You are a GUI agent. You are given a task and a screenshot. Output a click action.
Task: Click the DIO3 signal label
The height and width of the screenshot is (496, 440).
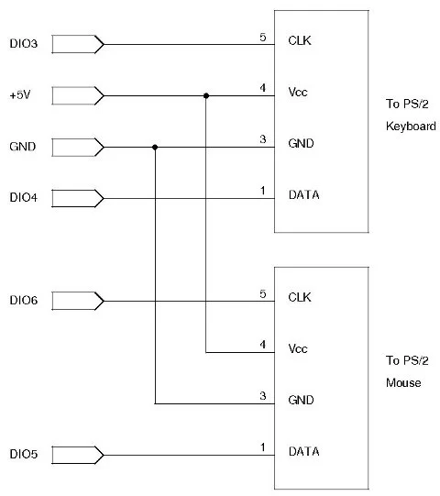[23, 43]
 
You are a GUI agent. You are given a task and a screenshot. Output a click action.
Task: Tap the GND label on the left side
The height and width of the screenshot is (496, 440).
[22, 147]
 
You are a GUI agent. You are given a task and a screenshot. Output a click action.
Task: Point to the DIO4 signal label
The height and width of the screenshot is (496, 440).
[23, 198]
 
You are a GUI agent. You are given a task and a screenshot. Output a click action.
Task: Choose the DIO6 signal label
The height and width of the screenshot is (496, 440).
[23, 301]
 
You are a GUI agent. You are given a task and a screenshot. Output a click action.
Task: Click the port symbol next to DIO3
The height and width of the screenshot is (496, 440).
[77, 43]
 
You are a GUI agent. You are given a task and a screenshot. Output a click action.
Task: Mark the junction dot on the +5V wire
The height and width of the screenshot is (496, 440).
[206, 95]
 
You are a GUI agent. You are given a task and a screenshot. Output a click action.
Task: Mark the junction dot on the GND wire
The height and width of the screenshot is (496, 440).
[155, 147]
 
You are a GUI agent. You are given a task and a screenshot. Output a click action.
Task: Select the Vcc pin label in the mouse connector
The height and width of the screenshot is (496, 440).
[298, 348]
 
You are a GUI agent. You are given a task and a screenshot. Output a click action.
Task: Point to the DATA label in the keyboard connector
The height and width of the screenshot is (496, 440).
[303, 194]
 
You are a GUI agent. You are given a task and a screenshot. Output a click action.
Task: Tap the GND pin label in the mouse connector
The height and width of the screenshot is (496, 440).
[301, 400]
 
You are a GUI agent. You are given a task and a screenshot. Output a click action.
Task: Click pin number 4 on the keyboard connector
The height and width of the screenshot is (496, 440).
[263, 89]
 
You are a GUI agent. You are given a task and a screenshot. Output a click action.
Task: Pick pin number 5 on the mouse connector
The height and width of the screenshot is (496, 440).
[263, 294]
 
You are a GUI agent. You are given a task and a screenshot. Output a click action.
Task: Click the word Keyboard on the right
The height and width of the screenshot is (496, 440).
[411, 127]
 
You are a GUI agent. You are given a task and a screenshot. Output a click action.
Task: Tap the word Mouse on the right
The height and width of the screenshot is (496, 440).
[403, 383]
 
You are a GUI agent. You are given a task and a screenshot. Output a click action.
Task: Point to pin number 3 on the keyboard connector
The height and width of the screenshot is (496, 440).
[263, 140]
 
